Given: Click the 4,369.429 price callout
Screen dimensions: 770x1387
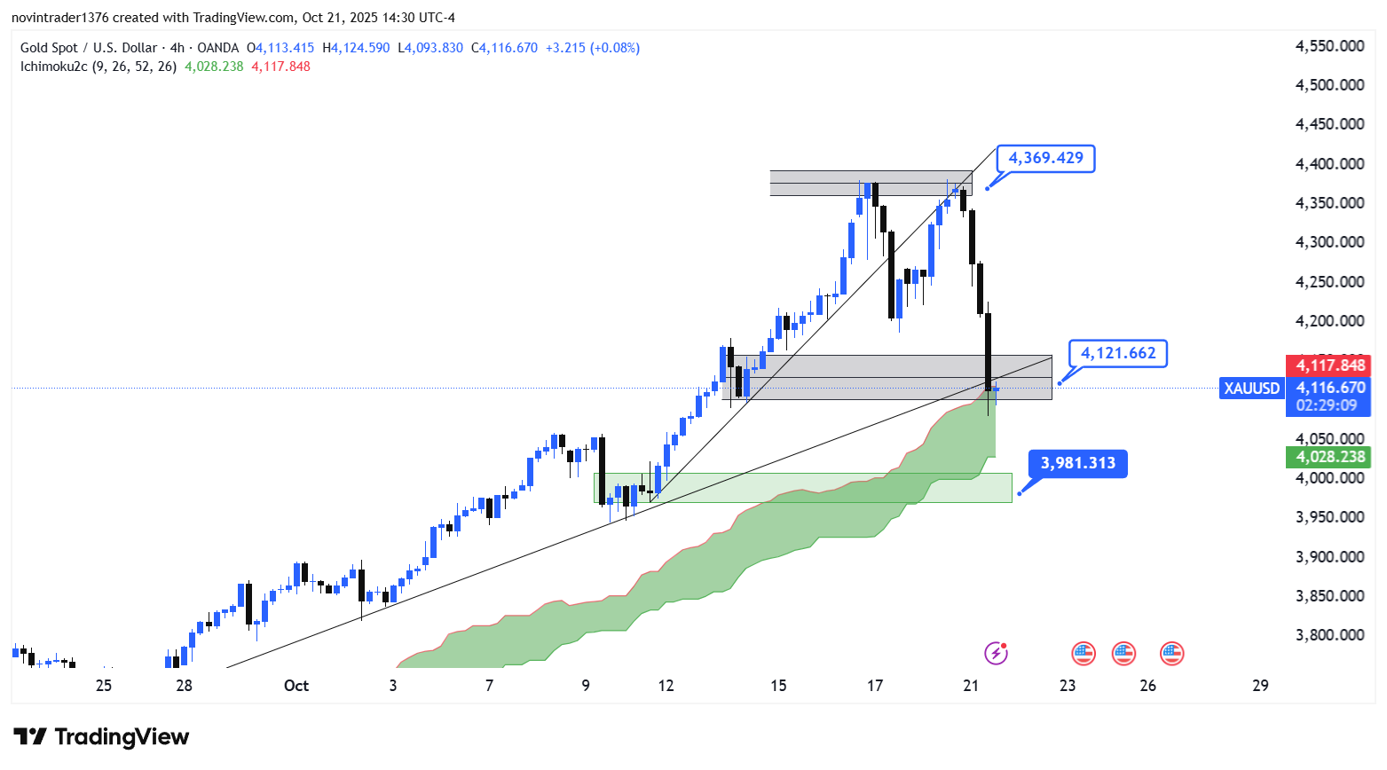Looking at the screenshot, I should (x=1045, y=159).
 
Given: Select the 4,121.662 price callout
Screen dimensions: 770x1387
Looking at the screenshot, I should (x=1118, y=354).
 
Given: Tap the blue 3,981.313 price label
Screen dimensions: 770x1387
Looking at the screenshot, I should (x=1077, y=463).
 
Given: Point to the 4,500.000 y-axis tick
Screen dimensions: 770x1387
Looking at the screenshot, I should (x=1329, y=85).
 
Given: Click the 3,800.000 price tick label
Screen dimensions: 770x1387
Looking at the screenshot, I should (x=1329, y=635).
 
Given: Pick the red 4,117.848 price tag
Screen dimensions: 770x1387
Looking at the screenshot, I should (x=1329, y=365).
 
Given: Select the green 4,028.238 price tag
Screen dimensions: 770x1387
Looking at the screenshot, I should (x=1329, y=457).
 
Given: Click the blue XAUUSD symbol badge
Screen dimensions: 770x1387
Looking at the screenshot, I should (x=1252, y=388).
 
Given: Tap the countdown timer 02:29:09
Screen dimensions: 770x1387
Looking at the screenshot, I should (x=1326, y=405).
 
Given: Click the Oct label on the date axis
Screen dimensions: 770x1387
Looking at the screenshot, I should (x=296, y=686).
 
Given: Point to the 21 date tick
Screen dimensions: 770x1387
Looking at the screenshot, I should (x=971, y=686).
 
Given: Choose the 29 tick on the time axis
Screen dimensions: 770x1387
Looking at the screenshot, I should (x=1260, y=686).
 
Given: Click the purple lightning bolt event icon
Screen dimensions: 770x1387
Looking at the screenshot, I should (x=996, y=654).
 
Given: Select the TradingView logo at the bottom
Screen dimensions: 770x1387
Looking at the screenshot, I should (x=101, y=737).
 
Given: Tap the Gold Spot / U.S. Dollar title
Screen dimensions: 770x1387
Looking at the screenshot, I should (x=89, y=48).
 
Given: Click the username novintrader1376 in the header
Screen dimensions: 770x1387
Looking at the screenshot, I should (x=59, y=18).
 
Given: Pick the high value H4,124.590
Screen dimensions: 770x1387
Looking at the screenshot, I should (x=356, y=48).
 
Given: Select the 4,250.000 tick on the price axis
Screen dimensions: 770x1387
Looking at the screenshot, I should (x=1329, y=282).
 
